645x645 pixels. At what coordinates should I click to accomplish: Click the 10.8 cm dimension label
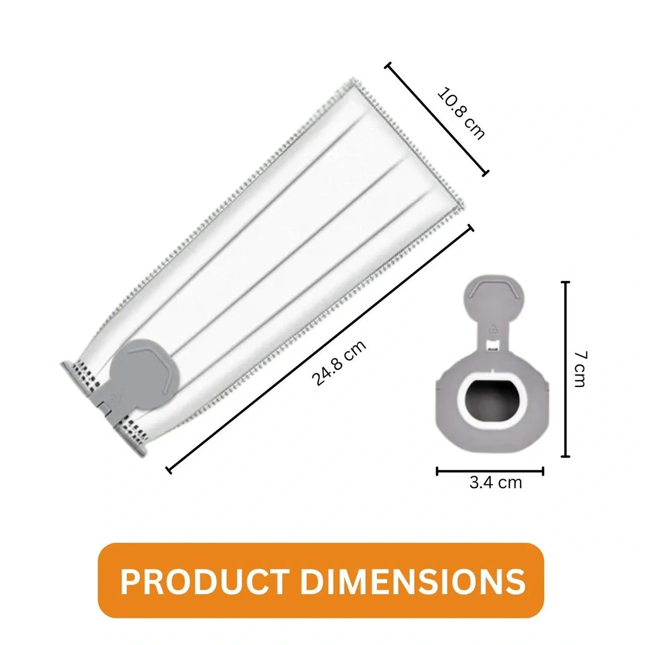[x=461, y=113]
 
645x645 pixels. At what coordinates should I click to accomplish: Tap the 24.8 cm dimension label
[x=339, y=363]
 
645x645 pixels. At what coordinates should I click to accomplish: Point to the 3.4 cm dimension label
[x=496, y=483]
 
